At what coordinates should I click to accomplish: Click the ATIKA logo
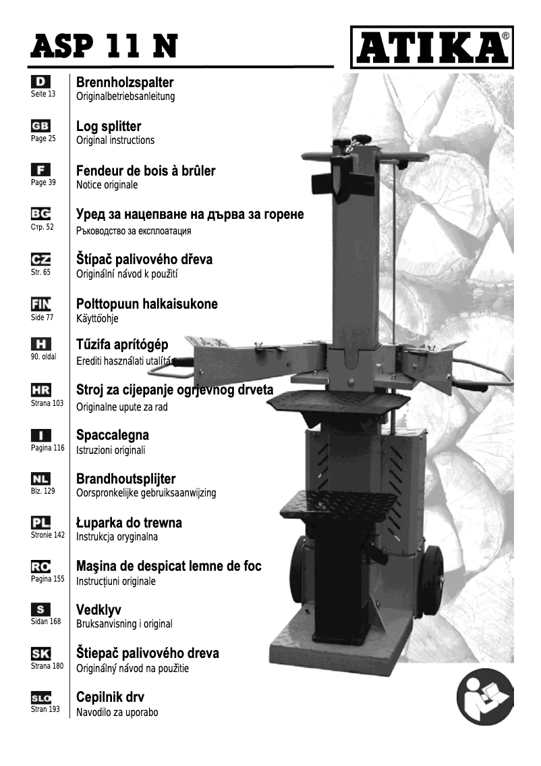pyautogui.click(x=432, y=47)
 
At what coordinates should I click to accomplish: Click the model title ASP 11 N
pyautogui.click(x=105, y=46)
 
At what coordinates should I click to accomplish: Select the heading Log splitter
pyautogui.click(x=109, y=126)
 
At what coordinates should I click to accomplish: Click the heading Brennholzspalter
pyautogui.click(x=125, y=82)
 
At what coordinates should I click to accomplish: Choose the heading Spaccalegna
pyautogui.click(x=113, y=435)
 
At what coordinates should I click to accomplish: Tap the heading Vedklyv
pyautogui.click(x=98, y=610)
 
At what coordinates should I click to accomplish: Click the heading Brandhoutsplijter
pyautogui.click(x=126, y=479)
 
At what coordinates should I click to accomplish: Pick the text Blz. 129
pyautogui.click(x=42, y=492)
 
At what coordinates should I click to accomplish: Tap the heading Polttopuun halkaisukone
pyautogui.click(x=147, y=304)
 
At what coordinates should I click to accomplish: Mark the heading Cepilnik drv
pyautogui.click(x=110, y=697)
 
